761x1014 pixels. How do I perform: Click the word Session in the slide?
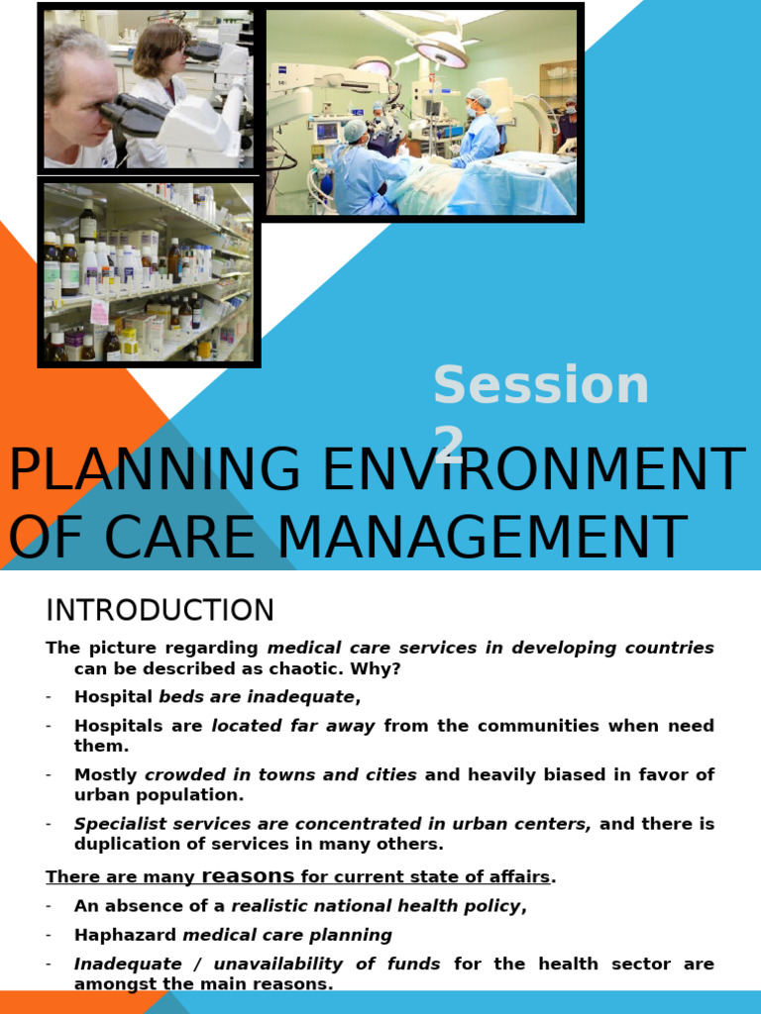point(541,386)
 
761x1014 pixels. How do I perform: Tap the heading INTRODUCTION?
point(160,610)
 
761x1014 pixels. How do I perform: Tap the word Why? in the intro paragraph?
point(381,668)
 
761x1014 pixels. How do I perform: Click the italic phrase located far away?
point(293,726)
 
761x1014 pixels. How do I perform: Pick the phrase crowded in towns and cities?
point(280,774)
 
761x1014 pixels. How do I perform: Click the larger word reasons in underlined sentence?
point(248,876)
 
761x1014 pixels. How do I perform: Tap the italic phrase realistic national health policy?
point(376,906)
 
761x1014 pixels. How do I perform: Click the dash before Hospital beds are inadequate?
point(49,696)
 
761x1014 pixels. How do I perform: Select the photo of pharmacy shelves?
point(149,271)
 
